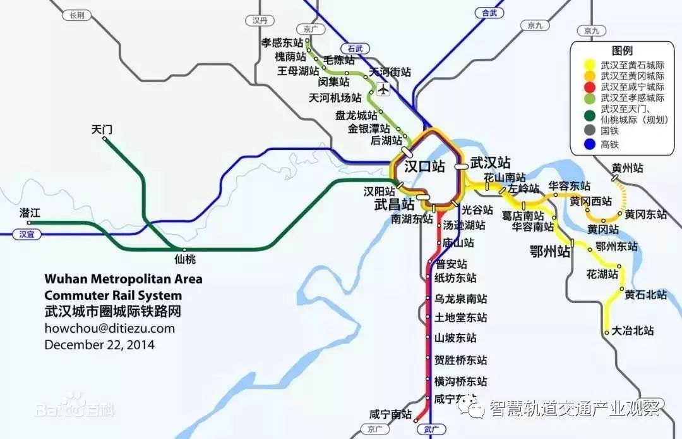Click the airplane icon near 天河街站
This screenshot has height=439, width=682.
click(383, 89)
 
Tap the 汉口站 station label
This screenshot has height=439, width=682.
click(424, 167)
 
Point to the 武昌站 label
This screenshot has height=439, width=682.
click(394, 204)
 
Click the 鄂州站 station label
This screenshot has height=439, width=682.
click(550, 252)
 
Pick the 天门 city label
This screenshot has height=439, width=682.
click(102, 130)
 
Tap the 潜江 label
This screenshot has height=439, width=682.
click(30, 213)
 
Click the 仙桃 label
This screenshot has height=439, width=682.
click(185, 259)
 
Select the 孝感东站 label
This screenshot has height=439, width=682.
click(282, 43)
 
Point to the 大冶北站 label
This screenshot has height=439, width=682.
click(633, 330)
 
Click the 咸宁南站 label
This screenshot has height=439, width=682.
click(390, 415)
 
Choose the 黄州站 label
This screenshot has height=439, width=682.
click(628, 168)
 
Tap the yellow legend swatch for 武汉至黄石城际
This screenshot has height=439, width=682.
click(589, 65)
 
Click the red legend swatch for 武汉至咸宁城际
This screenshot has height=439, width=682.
click(589, 87)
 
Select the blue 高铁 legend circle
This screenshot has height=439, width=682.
click(589, 144)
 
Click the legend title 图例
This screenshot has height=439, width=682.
click(622, 51)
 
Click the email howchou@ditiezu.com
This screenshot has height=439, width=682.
click(109, 328)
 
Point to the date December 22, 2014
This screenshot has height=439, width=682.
click(99, 345)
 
